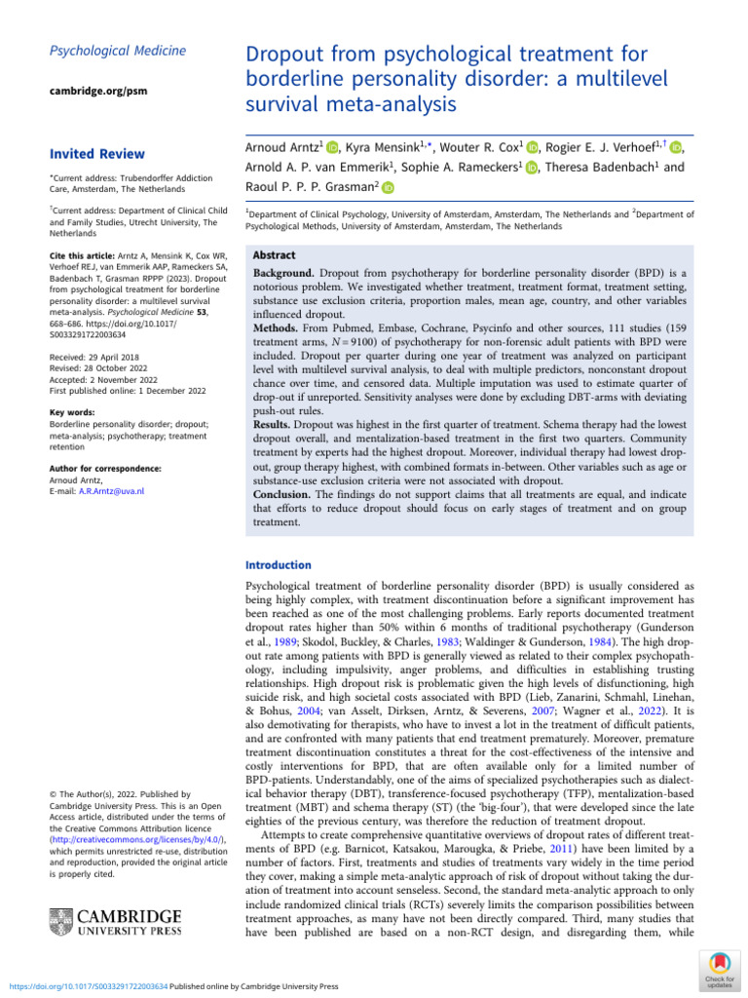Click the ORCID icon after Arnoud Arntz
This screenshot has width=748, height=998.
click(x=331, y=147)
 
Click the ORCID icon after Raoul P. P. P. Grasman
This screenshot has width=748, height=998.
click(x=389, y=188)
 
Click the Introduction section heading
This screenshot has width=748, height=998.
click(x=279, y=565)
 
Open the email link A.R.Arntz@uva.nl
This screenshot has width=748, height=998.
click(x=111, y=491)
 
